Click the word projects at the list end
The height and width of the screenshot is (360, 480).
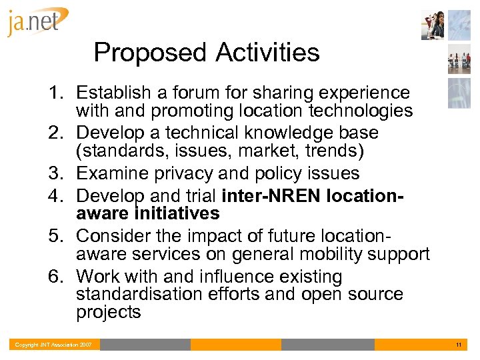108,312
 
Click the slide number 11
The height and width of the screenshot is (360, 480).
459,345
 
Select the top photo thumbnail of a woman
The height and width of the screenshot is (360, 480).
433,25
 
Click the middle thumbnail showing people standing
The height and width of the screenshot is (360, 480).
459,62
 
